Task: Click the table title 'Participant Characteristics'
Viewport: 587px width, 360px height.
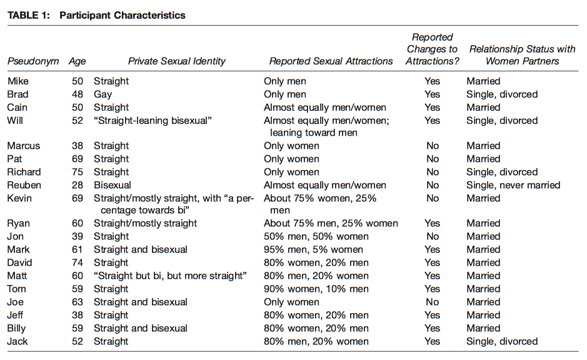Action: (x=123, y=16)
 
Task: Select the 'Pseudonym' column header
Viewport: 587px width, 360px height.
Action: (x=33, y=61)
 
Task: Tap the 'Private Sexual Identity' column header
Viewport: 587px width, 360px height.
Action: (x=177, y=61)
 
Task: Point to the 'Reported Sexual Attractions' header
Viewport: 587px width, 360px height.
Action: (x=331, y=61)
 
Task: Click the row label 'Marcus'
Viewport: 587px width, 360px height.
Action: (x=24, y=146)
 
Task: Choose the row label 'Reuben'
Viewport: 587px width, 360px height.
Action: (x=24, y=185)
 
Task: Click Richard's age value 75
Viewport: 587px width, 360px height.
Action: (x=78, y=172)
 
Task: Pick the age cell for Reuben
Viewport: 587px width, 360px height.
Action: (x=78, y=185)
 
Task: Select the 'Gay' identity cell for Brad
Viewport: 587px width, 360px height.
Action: (x=103, y=94)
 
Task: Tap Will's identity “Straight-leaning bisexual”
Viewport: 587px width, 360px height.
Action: (x=153, y=121)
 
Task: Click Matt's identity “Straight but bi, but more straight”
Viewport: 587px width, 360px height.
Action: (x=170, y=276)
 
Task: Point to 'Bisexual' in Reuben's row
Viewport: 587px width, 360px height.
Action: (x=113, y=185)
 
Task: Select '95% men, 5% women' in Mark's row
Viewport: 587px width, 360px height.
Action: (x=313, y=249)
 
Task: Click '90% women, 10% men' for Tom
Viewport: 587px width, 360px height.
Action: (x=316, y=289)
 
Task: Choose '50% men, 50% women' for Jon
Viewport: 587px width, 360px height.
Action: (x=316, y=236)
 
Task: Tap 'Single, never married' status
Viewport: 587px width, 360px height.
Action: (x=513, y=185)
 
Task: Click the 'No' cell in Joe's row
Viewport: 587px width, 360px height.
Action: (x=433, y=302)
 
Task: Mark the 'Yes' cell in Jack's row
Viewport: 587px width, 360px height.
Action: (x=433, y=341)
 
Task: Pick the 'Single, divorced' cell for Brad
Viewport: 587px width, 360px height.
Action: (x=502, y=94)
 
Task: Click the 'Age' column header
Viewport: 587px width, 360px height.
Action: (x=77, y=62)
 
